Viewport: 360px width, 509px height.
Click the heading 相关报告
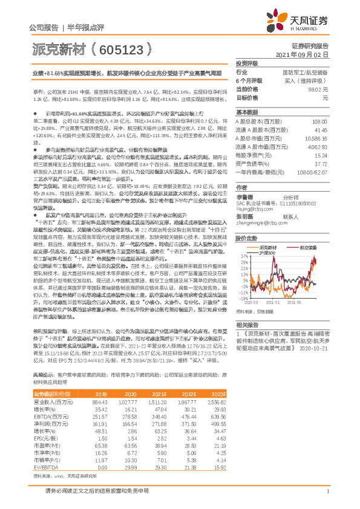point(246,324)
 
